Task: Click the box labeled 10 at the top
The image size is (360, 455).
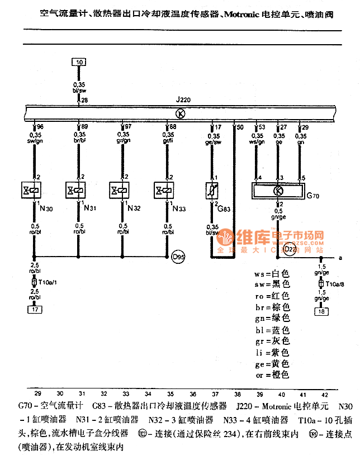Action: click(79, 62)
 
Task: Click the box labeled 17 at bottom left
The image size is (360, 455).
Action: click(35, 309)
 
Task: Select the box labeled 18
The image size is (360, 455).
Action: click(321, 311)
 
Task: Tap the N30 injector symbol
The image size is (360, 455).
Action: click(31, 190)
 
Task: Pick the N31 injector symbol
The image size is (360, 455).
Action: click(75, 190)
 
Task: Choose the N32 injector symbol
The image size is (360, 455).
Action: click(120, 190)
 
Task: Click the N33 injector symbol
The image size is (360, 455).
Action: click(164, 190)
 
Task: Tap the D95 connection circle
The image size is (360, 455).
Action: click(178, 258)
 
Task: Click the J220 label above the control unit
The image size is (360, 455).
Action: click(183, 100)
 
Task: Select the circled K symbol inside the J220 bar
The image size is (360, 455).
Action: click(180, 113)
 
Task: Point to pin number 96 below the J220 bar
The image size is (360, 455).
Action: click(40, 127)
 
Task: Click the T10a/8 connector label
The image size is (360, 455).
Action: click(335, 284)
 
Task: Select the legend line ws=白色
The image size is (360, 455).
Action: click(271, 274)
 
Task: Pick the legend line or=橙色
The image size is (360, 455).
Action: click(271, 375)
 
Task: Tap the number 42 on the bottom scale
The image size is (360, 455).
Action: click(325, 394)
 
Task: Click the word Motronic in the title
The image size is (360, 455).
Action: click(243, 12)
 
